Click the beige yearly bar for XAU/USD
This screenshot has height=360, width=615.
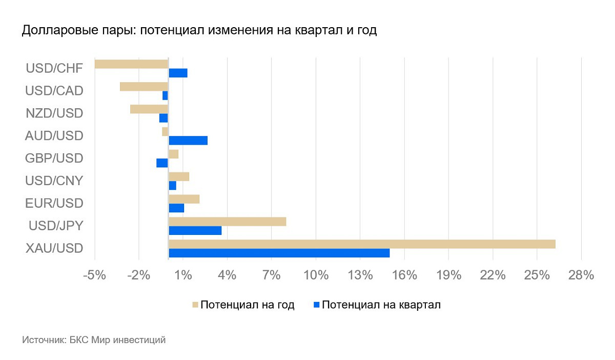coord(362,244)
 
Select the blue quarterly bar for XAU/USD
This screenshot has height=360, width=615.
coord(279,253)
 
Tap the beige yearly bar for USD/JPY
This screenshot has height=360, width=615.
coord(227,222)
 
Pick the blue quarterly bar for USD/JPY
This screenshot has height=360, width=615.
coord(195,231)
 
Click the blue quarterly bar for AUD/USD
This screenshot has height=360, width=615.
coord(188,141)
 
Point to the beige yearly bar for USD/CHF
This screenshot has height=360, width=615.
coord(132,64)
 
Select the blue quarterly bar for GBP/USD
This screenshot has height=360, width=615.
coord(162,163)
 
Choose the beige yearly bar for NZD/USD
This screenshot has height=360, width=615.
coord(149,109)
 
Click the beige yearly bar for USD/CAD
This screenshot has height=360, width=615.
coord(144,87)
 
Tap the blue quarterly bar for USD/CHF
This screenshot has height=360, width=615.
coord(178,73)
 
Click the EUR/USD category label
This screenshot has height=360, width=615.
coord(54,204)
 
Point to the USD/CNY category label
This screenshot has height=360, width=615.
coord(54,181)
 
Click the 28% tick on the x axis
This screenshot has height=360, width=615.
coord(581,275)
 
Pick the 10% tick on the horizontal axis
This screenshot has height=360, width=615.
coord(316,275)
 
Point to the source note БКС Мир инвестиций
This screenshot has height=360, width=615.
coord(117,340)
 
